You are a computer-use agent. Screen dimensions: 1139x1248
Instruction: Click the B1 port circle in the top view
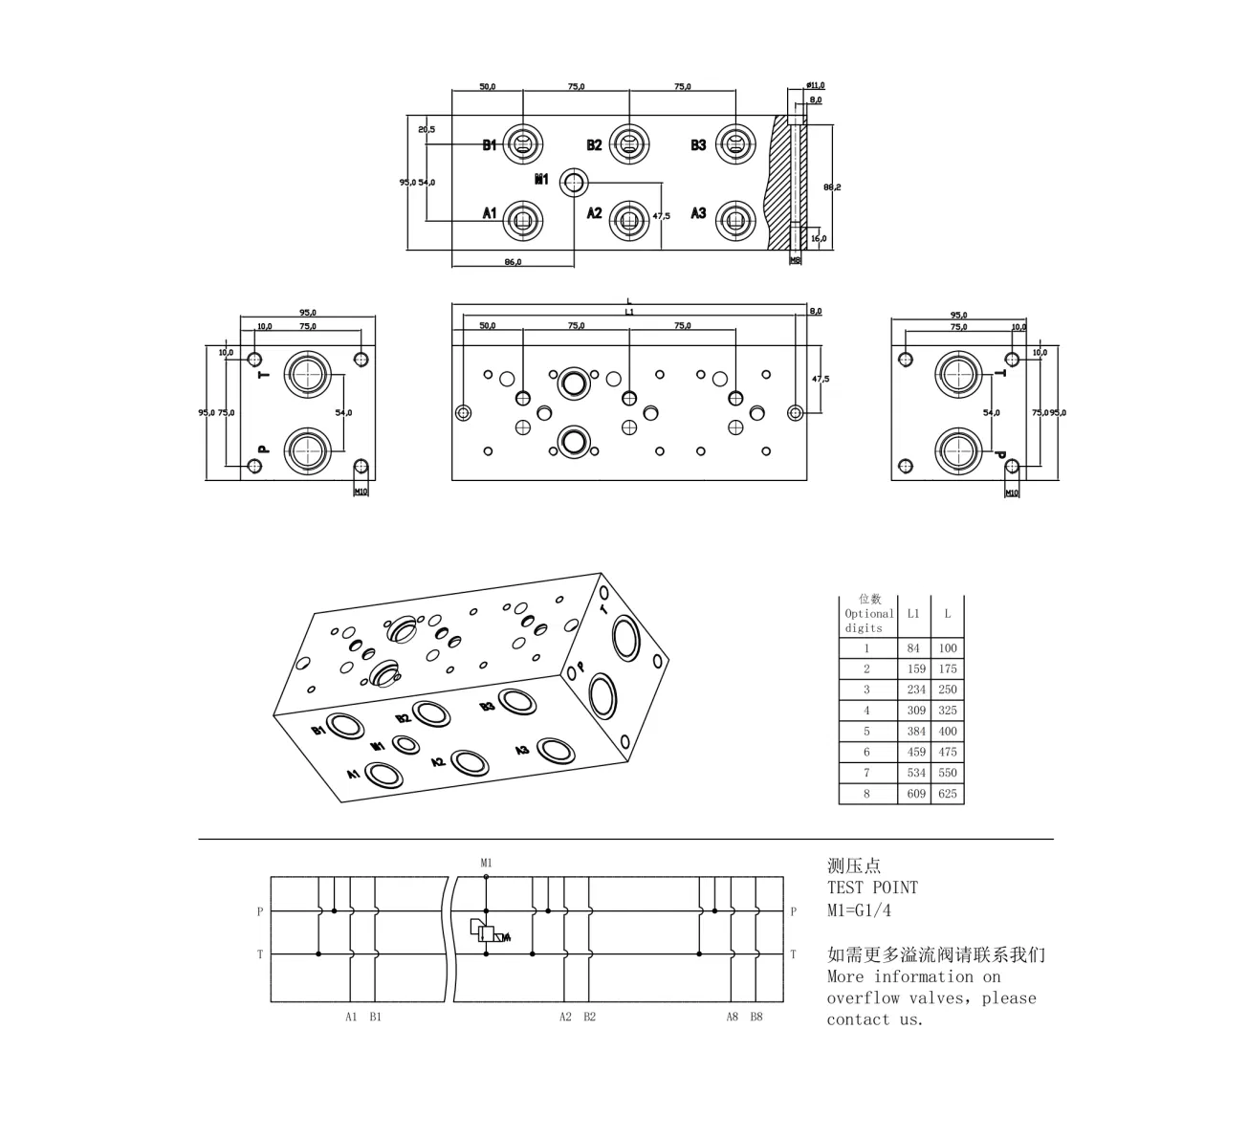point(523,145)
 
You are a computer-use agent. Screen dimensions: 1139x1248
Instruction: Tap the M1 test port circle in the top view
point(574,182)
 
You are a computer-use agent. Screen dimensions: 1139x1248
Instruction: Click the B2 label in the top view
point(594,145)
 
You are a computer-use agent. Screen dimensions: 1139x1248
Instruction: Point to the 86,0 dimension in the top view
point(513,262)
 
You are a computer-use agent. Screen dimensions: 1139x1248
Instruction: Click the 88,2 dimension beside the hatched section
point(832,187)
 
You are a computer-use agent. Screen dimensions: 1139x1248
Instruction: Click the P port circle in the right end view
point(958,451)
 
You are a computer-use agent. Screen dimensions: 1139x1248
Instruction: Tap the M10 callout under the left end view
point(361,492)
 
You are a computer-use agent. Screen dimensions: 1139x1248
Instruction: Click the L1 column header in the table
point(913,614)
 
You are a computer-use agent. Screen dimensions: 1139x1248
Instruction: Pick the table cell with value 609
point(916,794)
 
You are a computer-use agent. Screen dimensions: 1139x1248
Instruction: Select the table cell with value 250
point(947,690)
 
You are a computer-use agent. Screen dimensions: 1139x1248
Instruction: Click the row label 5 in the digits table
point(866,732)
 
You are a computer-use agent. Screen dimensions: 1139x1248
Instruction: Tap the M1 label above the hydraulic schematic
point(486,863)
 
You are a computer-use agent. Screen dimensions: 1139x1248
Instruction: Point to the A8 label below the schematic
point(732,1017)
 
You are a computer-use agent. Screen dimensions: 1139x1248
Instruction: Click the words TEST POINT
point(871,887)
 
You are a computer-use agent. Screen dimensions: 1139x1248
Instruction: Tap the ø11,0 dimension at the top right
point(816,86)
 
